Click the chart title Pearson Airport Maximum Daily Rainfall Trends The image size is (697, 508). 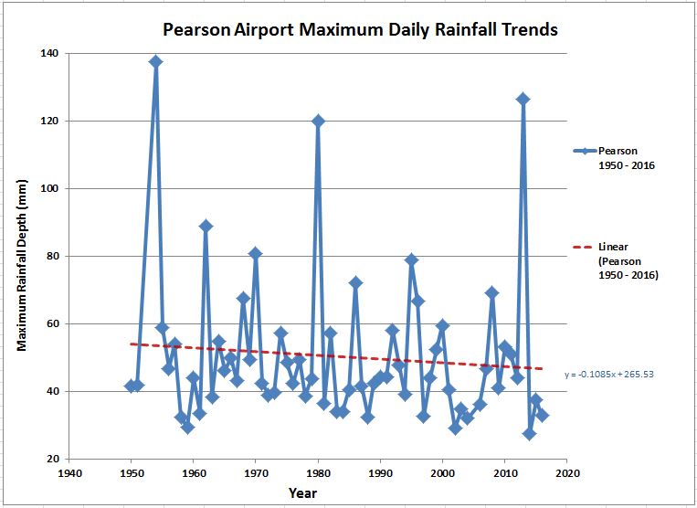360,29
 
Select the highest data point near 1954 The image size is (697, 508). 156,62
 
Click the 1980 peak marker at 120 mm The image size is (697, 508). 318,121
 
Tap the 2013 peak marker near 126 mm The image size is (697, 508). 523,99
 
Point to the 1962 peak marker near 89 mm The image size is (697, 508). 206,226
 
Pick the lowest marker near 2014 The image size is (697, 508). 529,434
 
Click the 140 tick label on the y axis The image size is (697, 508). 48,53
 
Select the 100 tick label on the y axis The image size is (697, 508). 48,188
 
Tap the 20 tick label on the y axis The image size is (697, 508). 50,459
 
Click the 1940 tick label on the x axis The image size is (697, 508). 69,473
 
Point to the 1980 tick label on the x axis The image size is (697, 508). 318,473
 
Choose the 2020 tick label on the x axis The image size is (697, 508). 567,473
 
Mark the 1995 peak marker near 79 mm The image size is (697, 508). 411,259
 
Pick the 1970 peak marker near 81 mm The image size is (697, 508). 256,253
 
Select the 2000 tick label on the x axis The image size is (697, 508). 442,473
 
